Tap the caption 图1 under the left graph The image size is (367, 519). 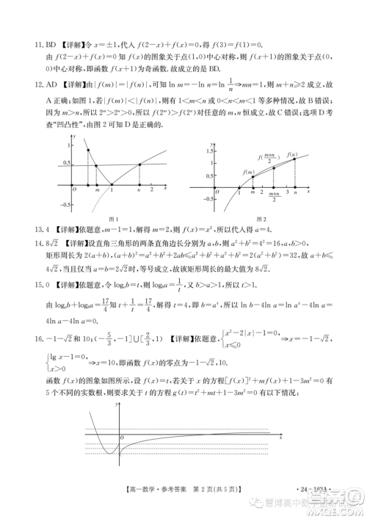pyautogui.click(x=114, y=219)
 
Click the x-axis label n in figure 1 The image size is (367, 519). pyautogui.click(x=139, y=189)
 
